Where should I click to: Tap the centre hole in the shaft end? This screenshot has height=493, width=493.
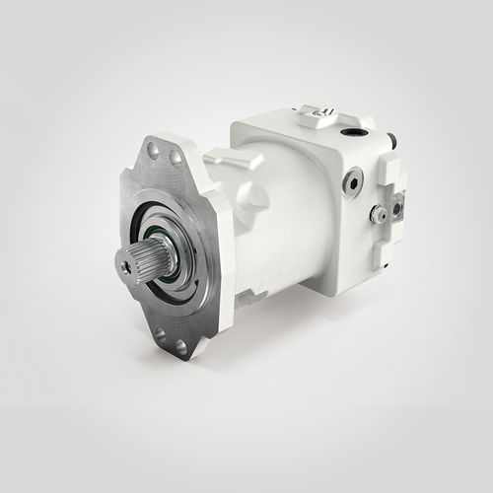tap(126, 265)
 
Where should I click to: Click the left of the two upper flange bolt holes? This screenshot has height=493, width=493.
tap(153, 150)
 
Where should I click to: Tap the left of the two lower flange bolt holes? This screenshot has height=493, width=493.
tap(160, 333)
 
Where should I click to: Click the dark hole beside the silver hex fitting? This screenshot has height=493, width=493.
tap(397, 208)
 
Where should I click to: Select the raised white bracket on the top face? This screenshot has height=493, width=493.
tap(320, 119)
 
